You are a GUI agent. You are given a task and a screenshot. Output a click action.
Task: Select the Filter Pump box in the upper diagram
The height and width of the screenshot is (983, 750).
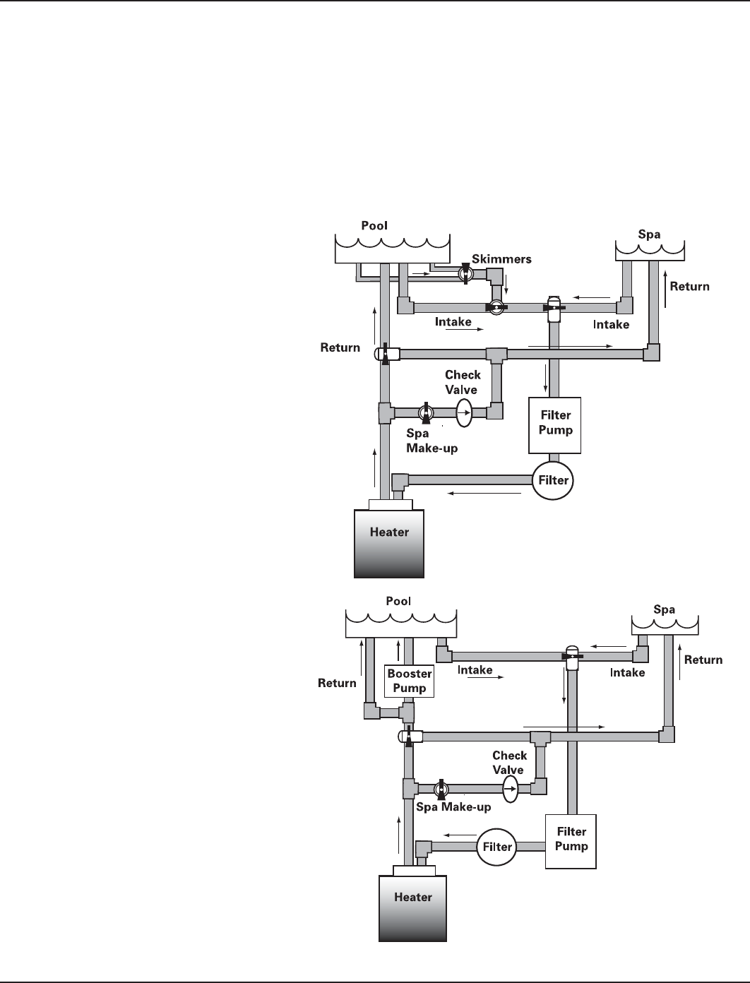[x=555, y=424]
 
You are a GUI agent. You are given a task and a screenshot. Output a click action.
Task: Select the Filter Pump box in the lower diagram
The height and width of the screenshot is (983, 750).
[x=571, y=840]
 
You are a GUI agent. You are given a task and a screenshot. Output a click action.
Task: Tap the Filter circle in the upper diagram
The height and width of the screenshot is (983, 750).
[x=553, y=480]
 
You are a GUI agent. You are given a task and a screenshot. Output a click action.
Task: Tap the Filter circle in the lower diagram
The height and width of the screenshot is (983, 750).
[x=497, y=846]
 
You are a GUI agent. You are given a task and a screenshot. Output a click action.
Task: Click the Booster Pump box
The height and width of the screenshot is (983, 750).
[x=409, y=681]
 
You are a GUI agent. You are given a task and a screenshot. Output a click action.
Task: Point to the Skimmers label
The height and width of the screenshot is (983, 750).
[x=501, y=259]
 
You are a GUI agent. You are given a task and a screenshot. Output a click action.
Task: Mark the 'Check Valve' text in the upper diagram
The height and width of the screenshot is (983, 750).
[x=463, y=382]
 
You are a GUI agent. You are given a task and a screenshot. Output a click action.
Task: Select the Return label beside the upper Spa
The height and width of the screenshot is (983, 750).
[x=689, y=286]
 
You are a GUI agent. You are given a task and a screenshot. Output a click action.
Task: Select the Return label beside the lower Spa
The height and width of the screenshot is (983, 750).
[x=703, y=660]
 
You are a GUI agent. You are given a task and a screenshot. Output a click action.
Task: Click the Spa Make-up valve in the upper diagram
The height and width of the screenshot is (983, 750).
[x=426, y=412]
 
